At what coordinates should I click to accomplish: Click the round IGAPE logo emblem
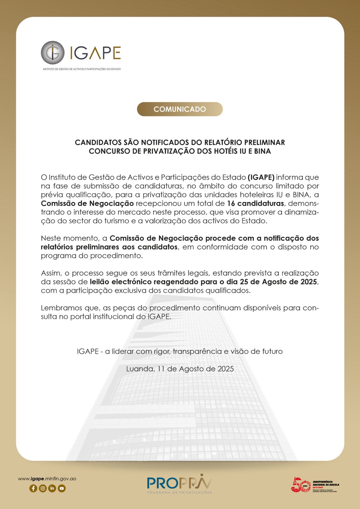click(x=53, y=52)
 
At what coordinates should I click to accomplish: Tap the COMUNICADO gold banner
click(x=180, y=109)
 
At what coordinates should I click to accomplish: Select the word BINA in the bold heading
click(x=262, y=151)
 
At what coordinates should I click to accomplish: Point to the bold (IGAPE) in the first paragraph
click(x=261, y=177)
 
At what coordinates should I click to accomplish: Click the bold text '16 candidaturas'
click(x=255, y=203)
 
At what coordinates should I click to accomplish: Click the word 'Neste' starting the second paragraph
click(x=51, y=238)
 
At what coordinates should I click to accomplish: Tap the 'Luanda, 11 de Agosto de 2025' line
click(x=180, y=369)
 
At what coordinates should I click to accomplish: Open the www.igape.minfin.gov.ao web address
click(x=47, y=479)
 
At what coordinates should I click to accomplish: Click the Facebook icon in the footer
click(x=33, y=488)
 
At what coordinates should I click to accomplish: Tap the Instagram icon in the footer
click(x=43, y=488)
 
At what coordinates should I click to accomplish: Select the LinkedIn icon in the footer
click(x=52, y=488)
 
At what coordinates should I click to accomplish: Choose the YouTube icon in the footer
click(x=62, y=488)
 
